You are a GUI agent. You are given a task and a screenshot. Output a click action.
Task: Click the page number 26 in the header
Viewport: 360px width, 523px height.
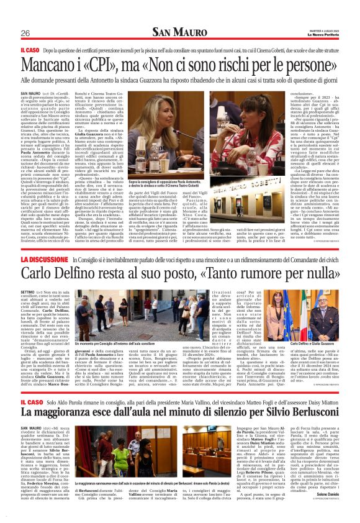(x=25, y=33)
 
